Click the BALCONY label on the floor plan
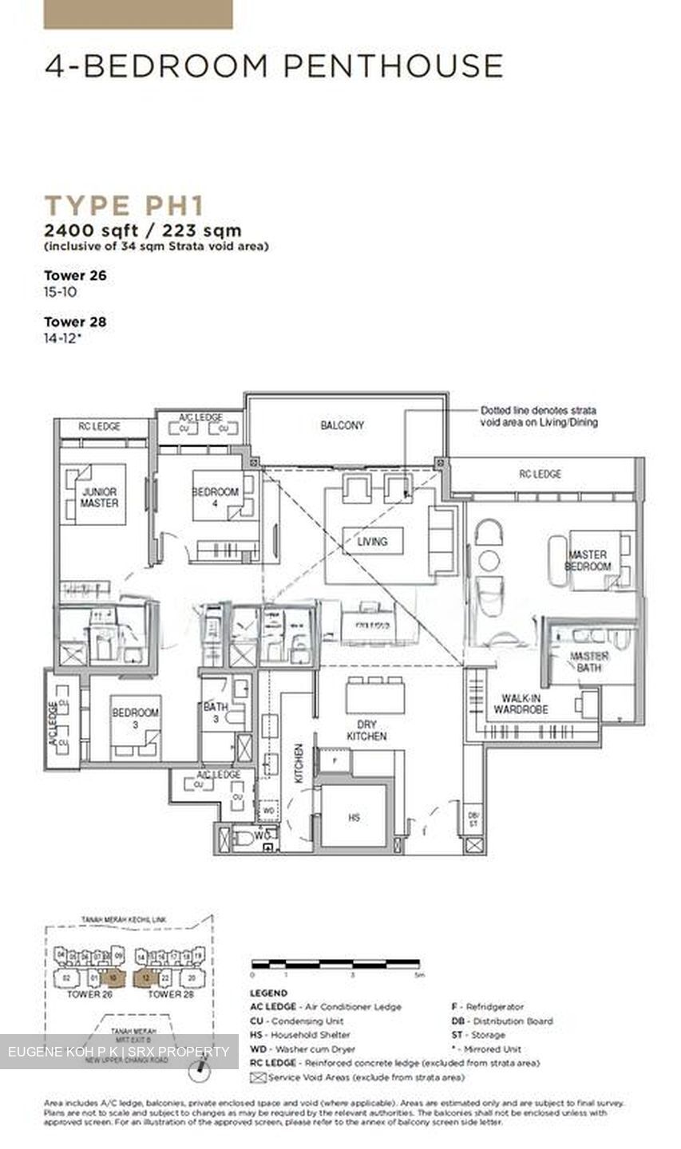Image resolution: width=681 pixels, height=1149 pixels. click(342, 426)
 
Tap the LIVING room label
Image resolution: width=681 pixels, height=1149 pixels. click(372, 542)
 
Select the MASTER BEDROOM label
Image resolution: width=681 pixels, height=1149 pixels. click(588, 560)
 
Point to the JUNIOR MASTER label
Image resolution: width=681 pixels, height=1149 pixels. click(100, 497)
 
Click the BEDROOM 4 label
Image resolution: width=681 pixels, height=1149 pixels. click(216, 492)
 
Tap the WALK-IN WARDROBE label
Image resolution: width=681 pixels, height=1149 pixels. click(521, 703)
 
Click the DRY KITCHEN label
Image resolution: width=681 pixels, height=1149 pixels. click(366, 730)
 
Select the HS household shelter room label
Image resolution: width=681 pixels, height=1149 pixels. click(354, 818)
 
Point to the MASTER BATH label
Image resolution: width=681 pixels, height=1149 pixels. click(589, 661)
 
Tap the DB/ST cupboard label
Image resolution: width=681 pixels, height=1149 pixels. click(473, 819)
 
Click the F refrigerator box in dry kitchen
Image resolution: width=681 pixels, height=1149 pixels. click(334, 760)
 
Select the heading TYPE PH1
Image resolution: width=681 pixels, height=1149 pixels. click(124, 205)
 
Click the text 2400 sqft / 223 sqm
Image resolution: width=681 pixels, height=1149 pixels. click(143, 231)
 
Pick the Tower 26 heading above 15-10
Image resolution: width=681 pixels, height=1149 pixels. click(75, 275)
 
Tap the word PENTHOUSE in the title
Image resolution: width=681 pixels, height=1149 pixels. click(393, 65)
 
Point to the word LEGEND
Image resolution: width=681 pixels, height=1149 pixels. click(269, 993)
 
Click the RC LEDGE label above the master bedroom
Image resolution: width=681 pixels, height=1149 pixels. click(540, 474)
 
